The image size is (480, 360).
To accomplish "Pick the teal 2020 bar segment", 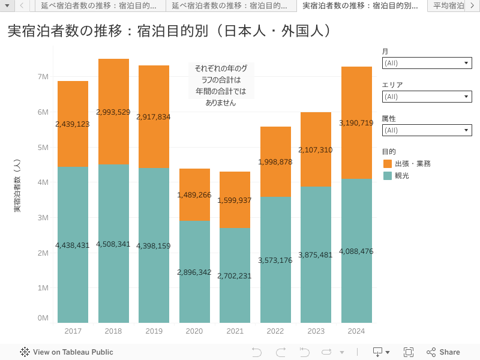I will click(x=194, y=300).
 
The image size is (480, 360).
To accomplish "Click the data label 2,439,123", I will click(x=73, y=124).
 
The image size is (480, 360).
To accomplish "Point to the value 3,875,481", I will click(x=316, y=255).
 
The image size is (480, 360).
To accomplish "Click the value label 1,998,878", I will click(x=275, y=162).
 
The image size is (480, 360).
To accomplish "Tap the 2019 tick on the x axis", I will click(x=154, y=331).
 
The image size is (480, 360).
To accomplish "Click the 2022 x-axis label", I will click(x=275, y=331).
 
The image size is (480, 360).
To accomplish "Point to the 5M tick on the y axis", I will click(x=43, y=147).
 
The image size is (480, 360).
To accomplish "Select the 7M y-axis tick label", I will click(x=43, y=77).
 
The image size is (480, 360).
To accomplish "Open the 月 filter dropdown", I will click(x=427, y=63).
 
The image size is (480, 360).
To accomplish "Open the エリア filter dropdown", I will click(x=427, y=97).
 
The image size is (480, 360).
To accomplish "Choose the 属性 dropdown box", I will click(x=427, y=130).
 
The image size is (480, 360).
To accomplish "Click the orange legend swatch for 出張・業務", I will click(x=388, y=164).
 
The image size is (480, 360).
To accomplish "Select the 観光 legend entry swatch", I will click(x=388, y=176).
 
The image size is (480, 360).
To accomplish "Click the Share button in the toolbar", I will click(x=443, y=352).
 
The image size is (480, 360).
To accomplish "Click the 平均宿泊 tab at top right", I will click(x=449, y=6).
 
